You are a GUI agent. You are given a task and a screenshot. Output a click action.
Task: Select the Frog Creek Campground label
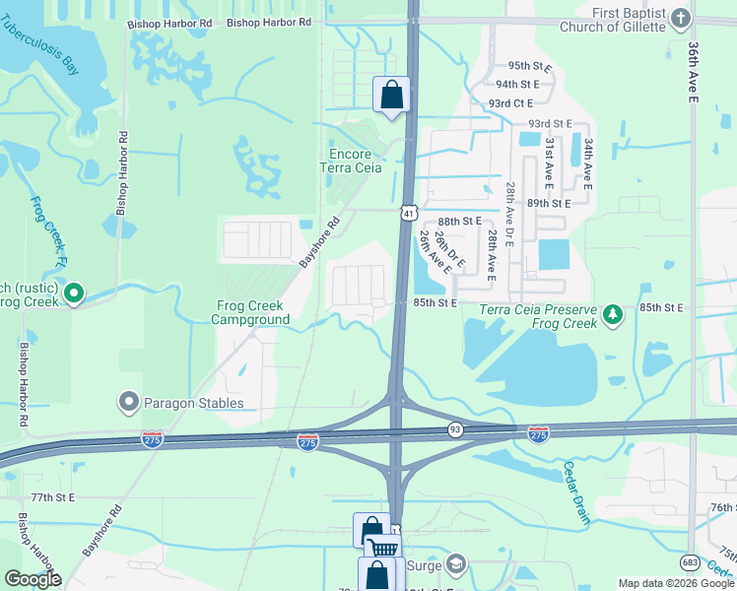(x=252, y=312)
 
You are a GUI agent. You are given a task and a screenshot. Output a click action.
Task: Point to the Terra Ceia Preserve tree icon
(x=614, y=314)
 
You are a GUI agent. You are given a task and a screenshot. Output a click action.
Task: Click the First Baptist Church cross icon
(x=680, y=19)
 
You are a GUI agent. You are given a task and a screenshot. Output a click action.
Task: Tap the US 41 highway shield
(x=409, y=213)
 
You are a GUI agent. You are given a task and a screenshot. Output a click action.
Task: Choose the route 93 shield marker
(x=455, y=428)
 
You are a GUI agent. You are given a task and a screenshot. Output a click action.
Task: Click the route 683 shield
(x=691, y=561)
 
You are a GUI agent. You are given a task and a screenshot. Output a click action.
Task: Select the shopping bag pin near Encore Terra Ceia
(x=391, y=97)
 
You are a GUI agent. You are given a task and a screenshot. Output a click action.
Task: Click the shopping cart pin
(x=383, y=549)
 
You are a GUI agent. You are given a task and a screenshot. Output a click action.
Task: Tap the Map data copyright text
(x=676, y=583)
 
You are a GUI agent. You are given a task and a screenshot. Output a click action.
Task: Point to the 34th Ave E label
(x=587, y=164)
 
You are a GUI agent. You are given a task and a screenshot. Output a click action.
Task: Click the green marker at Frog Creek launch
(x=73, y=293)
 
